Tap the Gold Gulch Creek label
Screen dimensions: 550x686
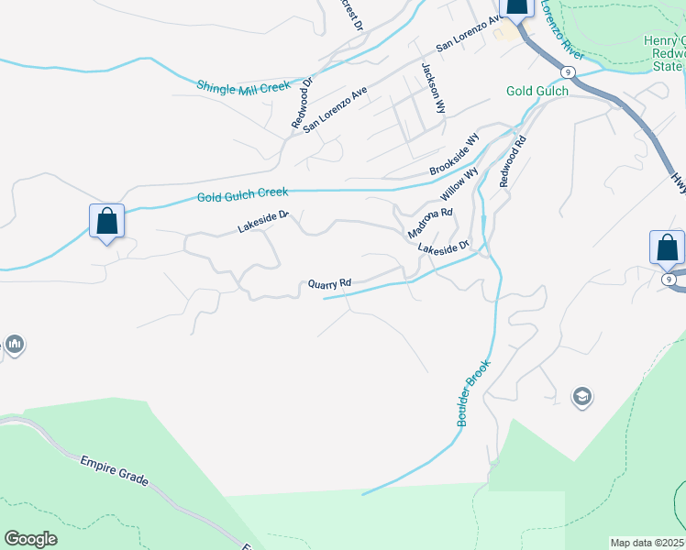point(242,194)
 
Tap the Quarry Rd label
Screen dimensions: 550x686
point(330,284)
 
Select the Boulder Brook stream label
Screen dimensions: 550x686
point(473,391)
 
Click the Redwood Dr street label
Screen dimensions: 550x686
point(303,102)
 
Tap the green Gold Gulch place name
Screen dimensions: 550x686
point(537,91)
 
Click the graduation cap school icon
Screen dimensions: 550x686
point(581,397)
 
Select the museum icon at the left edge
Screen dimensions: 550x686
point(14,345)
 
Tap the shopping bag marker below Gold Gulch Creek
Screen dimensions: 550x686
point(106,222)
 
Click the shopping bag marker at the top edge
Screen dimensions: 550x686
point(516,7)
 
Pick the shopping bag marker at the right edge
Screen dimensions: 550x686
point(667,247)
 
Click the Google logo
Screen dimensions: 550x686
point(30,539)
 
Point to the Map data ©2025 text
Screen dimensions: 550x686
point(647,543)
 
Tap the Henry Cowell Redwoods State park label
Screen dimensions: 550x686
point(664,53)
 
